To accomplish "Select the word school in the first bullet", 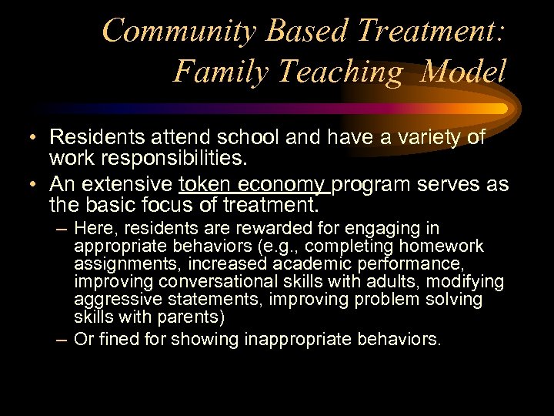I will tap(271, 138).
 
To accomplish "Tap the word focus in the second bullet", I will tap(173, 206).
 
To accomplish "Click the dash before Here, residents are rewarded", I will tap(62, 230).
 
